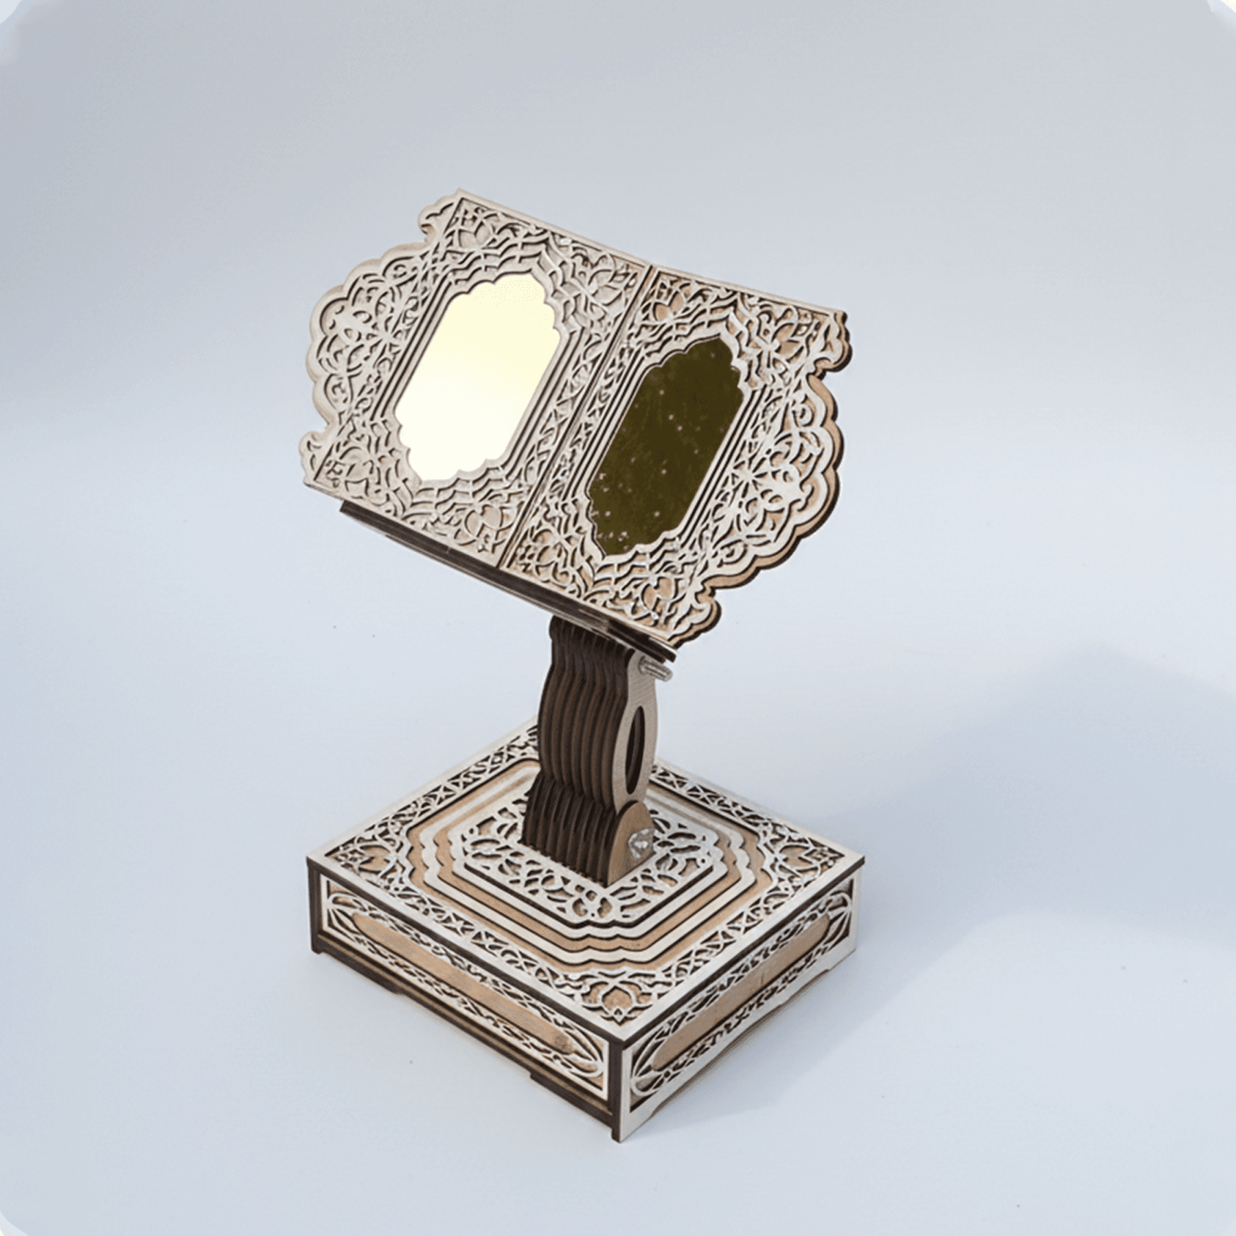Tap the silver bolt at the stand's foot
(x=643, y=842)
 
